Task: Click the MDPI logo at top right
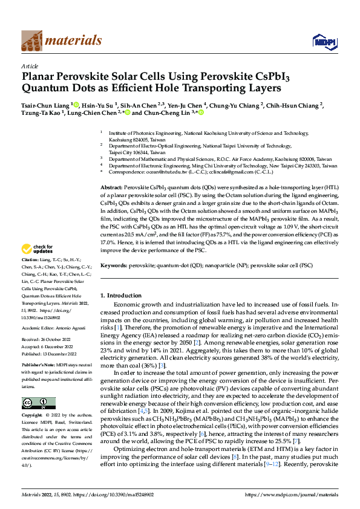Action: (321, 41)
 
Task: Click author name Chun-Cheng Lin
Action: (160, 112)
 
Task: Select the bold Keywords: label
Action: (113, 265)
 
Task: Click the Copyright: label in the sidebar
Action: (33, 416)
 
